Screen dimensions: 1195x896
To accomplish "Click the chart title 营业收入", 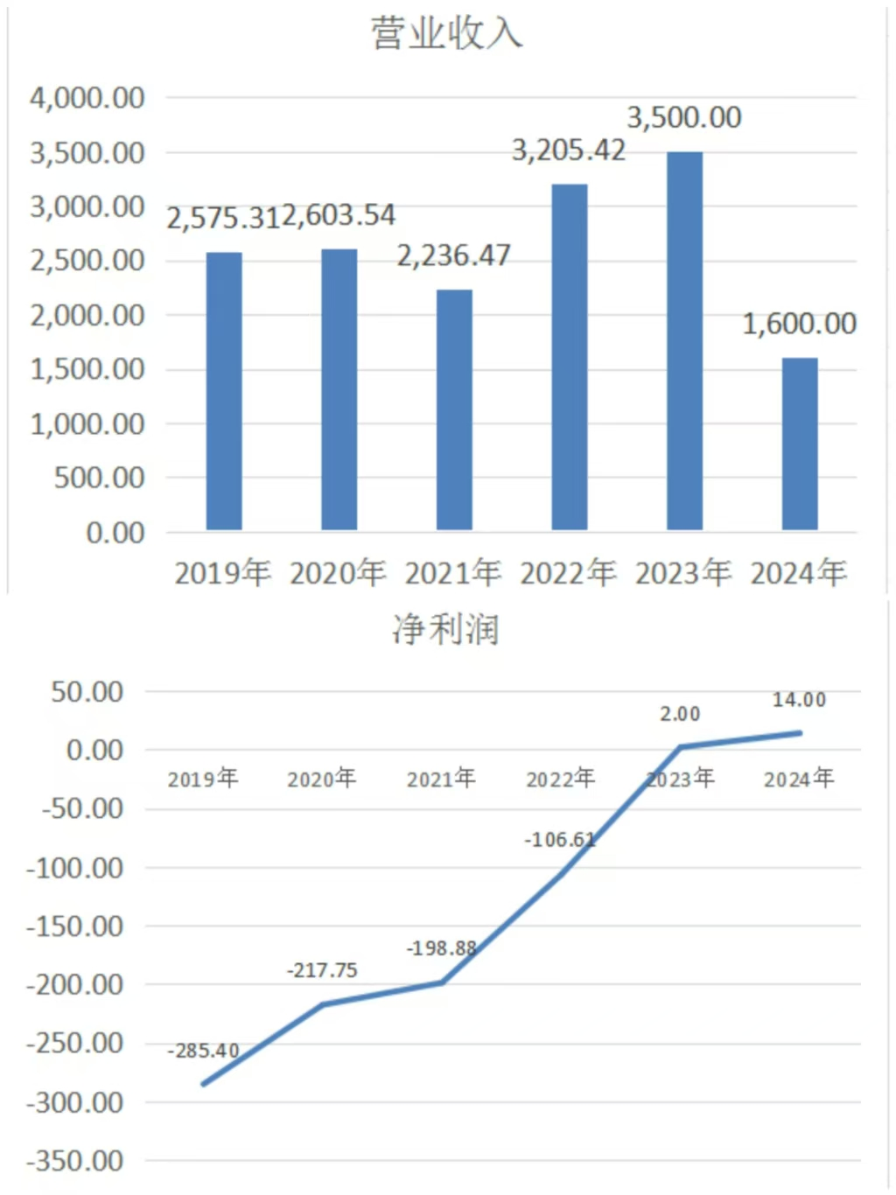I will coord(446,34).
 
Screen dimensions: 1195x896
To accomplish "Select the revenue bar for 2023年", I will coord(684,341).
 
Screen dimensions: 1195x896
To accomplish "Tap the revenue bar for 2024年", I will coord(799,444).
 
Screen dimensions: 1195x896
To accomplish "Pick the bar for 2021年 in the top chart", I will coord(454,409).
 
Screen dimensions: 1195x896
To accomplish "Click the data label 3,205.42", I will coord(569,150).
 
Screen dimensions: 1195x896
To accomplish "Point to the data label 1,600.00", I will coord(799,324).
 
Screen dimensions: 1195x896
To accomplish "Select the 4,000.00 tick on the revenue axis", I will coord(87,98).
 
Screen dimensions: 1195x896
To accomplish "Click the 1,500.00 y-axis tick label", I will coord(87,369).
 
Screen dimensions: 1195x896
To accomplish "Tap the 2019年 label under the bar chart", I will coord(223,573).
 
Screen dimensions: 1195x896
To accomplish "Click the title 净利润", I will coord(446,630).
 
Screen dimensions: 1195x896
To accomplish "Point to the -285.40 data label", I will coord(203,1051).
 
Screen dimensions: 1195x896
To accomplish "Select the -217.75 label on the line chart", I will coord(322,970).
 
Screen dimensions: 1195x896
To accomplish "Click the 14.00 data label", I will coord(799,700).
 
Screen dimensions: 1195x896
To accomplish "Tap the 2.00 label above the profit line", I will coord(680,714).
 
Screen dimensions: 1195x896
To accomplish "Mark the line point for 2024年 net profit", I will coord(799,733).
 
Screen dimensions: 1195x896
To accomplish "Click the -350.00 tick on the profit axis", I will coord(75,1161).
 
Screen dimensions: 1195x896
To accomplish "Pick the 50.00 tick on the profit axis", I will coord(87,692).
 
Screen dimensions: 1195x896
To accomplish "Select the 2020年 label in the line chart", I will coord(322,779).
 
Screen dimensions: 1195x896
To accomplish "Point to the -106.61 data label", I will coord(560,840).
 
